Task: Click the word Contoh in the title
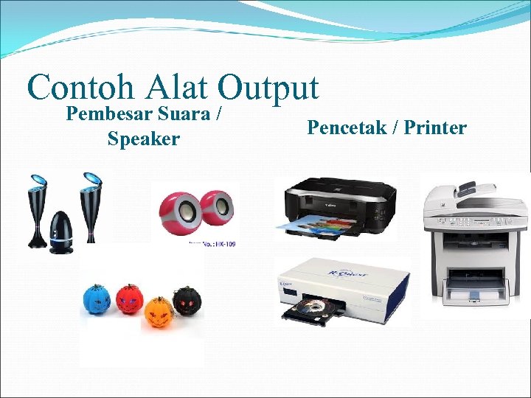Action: point(80,88)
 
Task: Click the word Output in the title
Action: point(268,88)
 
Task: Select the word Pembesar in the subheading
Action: point(109,115)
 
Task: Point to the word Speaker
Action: point(143,138)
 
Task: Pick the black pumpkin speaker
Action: point(187,301)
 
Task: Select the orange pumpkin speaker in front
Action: point(157,313)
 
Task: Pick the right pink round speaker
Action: point(217,209)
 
